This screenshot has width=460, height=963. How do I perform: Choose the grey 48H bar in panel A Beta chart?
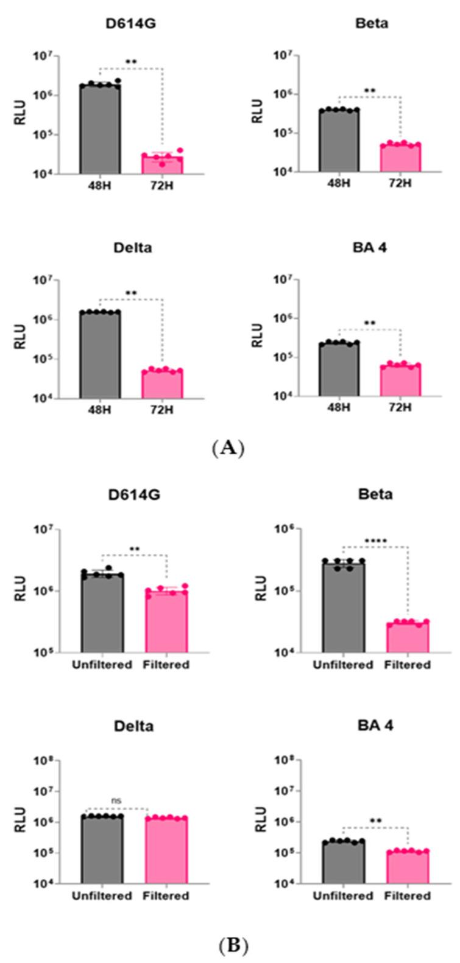(339, 141)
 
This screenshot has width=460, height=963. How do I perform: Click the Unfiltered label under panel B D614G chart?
(102, 665)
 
